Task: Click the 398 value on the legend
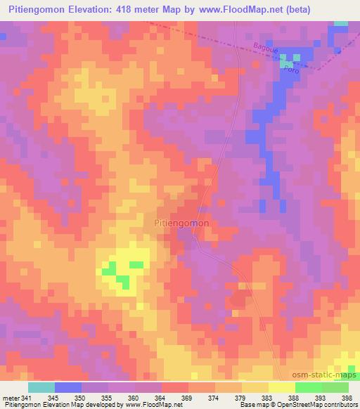(x=347, y=398)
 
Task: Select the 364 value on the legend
(x=161, y=398)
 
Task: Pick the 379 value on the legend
(x=241, y=398)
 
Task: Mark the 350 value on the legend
(x=82, y=398)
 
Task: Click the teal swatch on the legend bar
(x=41, y=387)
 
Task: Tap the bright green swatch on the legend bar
(x=308, y=387)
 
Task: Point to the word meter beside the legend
(x=11, y=398)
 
